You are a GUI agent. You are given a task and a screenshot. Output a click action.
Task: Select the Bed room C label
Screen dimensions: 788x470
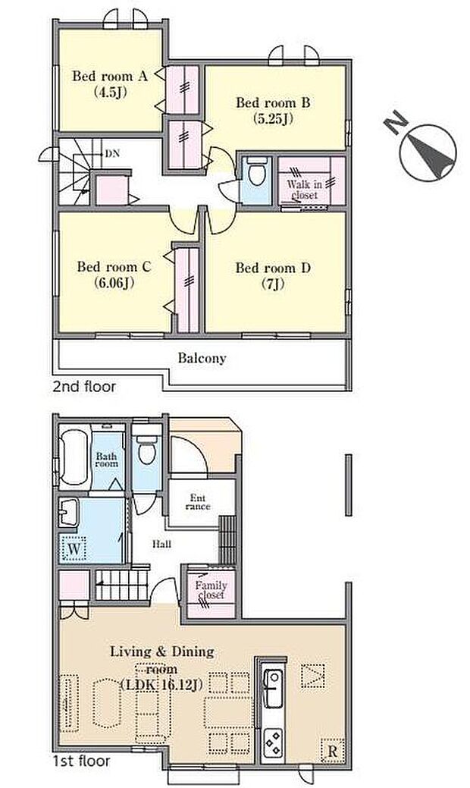point(114,275)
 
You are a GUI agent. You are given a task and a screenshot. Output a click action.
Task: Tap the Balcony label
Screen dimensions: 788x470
point(202,358)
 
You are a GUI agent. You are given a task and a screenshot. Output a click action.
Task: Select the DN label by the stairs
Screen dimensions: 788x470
point(111,154)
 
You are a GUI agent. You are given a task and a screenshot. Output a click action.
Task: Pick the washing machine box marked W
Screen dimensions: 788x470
point(73,547)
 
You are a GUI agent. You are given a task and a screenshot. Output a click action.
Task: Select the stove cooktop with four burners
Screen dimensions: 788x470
point(272,741)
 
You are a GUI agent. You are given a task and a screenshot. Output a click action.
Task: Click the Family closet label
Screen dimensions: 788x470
point(210,591)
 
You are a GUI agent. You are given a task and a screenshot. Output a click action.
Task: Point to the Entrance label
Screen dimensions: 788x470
point(199,502)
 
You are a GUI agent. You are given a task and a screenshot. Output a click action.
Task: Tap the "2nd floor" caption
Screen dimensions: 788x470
point(84,387)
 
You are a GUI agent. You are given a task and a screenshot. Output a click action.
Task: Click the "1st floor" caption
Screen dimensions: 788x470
point(82,760)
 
